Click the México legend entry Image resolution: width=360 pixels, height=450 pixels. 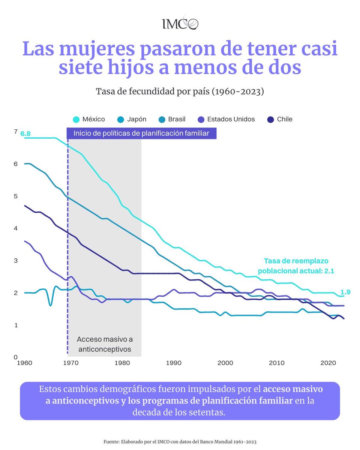(x=89, y=119)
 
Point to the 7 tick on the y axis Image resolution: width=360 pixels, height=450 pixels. (x=15, y=132)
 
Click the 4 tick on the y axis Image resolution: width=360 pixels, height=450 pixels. (x=15, y=228)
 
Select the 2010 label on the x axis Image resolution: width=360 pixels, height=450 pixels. (x=276, y=363)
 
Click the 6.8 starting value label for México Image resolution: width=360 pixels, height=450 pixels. (x=25, y=134)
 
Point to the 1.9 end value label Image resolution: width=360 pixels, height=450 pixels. (x=345, y=292)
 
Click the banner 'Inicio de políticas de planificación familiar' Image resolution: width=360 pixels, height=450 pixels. (x=141, y=133)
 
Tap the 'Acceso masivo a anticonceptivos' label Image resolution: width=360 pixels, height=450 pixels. (x=105, y=344)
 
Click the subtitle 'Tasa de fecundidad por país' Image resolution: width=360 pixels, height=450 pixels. (x=180, y=91)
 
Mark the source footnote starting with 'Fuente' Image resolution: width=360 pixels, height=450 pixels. (x=180, y=442)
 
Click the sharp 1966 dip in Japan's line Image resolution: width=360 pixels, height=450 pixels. (x=51, y=305)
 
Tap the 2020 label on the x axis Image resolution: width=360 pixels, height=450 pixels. (x=328, y=363)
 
